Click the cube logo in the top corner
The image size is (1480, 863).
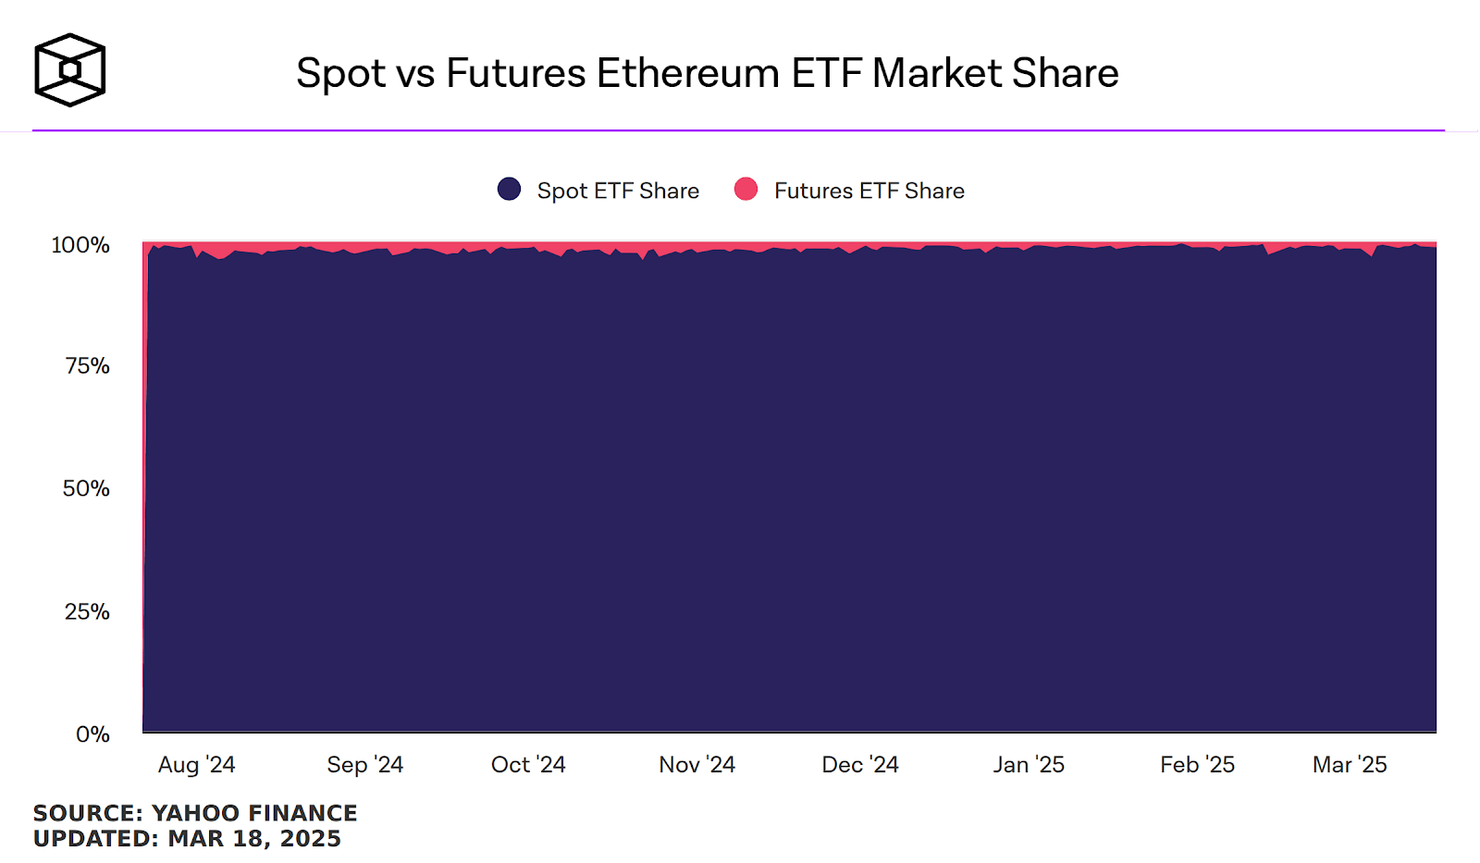click(x=69, y=70)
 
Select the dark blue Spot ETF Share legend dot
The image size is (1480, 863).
click(x=509, y=190)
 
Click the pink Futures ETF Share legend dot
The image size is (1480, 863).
click(x=746, y=190)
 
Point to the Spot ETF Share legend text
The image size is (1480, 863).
click(x=618, y=191)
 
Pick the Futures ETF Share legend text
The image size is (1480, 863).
click(x=869, y=191)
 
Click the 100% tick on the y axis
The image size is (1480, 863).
click(x=80, y=245)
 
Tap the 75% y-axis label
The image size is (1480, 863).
click(x=87, y=366)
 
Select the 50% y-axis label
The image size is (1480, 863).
click(x=86, y=488)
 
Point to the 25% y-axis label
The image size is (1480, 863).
click(x=87, y=611)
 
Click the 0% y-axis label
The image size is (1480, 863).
click(x=92, y=734)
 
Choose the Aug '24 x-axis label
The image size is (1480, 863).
click(x=196, y=765)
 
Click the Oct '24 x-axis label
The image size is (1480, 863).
click(x=528, y=765)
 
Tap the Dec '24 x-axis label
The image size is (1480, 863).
click(x=860, y=765)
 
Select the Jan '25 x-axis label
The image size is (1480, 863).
click(x=1029, y=765)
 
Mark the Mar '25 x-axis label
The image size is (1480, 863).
click(x=1350, y=765)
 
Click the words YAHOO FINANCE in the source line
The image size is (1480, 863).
click(x=254, y=813)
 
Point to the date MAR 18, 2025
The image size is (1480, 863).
click(x=254, y=839)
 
